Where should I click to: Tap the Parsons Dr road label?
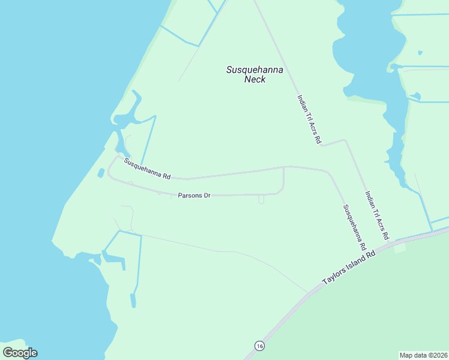pyautogui.click(x=194, y=196)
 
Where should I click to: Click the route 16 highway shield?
pyautogui.click(x=259, y=346)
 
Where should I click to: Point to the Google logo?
pyautogui.click(x=20, y=353)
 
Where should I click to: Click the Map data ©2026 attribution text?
pyautogui.click(x=424, y=355)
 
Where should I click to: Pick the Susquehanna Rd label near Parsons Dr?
pyautogui.click(x=148, y=169)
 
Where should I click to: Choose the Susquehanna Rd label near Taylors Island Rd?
pyautogui.click(x=354, y=227)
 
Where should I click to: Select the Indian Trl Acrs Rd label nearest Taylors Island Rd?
pyautogui.click(x=377, y=215)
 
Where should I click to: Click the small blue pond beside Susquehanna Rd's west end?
pyautogui.click(x=101, y=173)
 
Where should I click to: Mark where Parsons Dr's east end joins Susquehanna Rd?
pyautogui.click(x=283, y=167)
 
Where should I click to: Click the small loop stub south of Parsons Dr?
pyautogui.click(x=261, y=200)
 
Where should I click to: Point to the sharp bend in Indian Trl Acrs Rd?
pyautogui.click(x=345, y=140)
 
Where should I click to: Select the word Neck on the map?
pyautogui.click(x=255, y=80)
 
